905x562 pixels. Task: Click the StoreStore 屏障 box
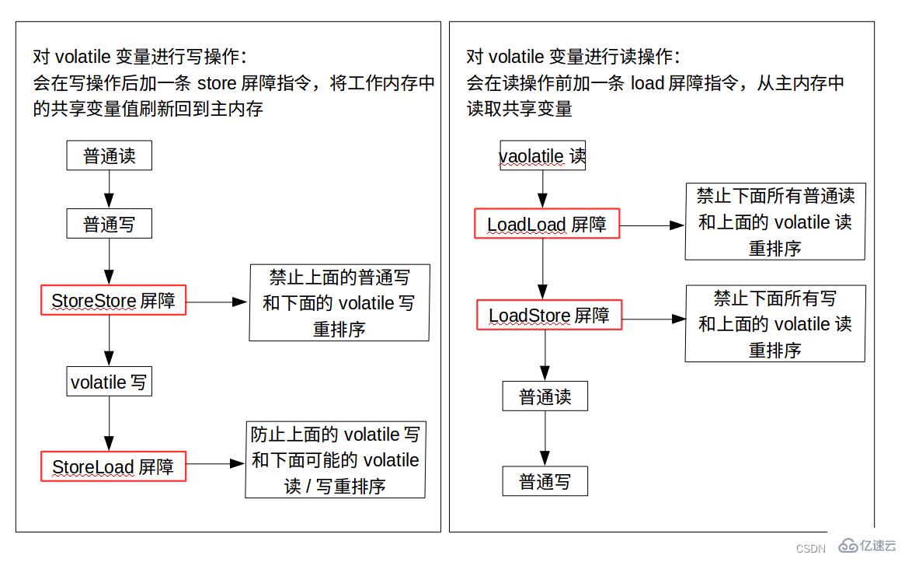(x=113, y=300)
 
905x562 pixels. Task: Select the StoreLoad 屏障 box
(x=113, y=466)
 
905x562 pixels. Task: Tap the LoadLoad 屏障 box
(x=547, y=224)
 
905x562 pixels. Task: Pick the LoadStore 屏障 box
(x=548, y=315)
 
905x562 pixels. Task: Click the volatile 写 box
(x=108, y=382)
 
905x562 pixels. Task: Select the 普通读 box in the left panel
(x=109, y=155)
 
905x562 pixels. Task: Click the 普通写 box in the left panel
(x=109, y=225)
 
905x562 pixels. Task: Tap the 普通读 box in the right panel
(x=545, y=396)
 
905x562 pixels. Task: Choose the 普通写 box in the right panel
(x=545, y=481)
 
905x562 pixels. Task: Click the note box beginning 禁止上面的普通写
(x=339, y=302)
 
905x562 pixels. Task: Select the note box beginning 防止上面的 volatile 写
(x=336, y=460)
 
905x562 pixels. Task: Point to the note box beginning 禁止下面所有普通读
(x=774, y=222)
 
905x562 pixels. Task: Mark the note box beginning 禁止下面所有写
(x=774, y=323)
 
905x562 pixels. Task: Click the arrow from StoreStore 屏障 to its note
(x=217, y=301)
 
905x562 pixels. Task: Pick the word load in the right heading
(x=646, y=83)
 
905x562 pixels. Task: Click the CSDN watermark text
(x=810, y=549)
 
